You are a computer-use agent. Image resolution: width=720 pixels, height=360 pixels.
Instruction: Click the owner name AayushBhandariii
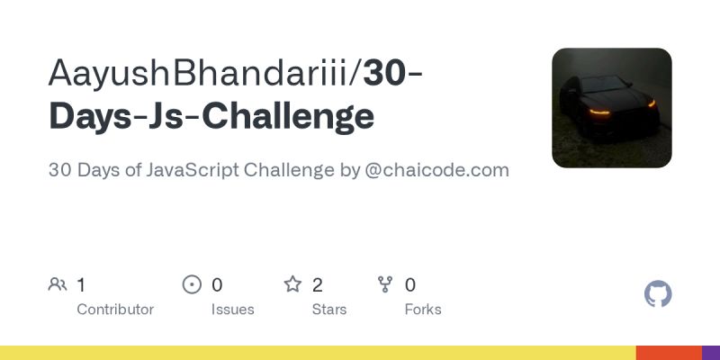pyautogui.click(x=202, y=75)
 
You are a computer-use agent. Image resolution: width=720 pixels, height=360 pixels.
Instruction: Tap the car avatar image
pyautogui.click(x=612, y=108)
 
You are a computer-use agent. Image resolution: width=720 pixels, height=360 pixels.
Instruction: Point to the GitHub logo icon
pyautogui.click(x=659, y=294)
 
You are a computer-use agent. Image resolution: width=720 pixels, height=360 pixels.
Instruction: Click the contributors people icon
pyautogui.click(x=58, y=285)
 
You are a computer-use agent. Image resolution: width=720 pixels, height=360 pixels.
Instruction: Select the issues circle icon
pyautogui.click(x=192, y=285)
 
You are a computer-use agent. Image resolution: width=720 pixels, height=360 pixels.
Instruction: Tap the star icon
pyautogui.click(x=292, y=285)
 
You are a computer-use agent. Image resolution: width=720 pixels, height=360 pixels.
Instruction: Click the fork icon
pyautogui.click(x=385, y=285)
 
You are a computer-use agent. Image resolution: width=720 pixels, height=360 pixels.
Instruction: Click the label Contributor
pyautogui.click(x=115, y=310)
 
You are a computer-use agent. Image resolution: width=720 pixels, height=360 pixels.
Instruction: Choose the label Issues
pyautogui.click(x=233, y=310)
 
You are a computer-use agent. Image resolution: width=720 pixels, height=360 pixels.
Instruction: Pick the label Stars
pyautogui.click(x=329, y=310)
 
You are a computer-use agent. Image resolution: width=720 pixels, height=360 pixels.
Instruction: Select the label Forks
pyautogui.click(x=423, y=310)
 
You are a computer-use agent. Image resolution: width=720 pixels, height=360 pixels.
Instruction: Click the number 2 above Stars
pyautogui.click(x=318, y=285)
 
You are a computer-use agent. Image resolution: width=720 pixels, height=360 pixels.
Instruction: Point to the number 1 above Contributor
pyautogui.click(x=81, y=285)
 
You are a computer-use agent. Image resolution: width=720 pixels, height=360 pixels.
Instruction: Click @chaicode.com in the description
pyautogui.click(x=437, y=170)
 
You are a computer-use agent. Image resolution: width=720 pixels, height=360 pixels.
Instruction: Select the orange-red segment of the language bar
pyautogui.click(x=669, y=353)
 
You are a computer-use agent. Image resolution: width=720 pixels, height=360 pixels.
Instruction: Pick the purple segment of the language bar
pyautogui.click(x=711, y=353)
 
